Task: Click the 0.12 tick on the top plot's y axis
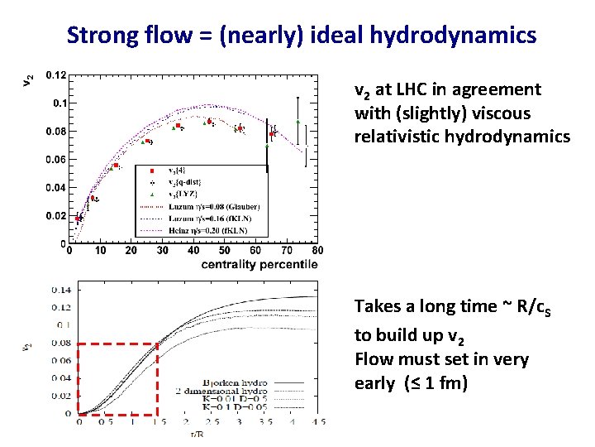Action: coord(57,75)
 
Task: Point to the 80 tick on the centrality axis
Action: coord(317,250)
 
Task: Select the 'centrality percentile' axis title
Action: coord(258,265)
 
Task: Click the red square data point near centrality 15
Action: coord(117,166)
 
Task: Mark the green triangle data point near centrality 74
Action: coord(298,122)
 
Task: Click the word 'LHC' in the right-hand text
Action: coord(408,89)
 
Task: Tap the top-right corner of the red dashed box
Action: coord(157,344)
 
